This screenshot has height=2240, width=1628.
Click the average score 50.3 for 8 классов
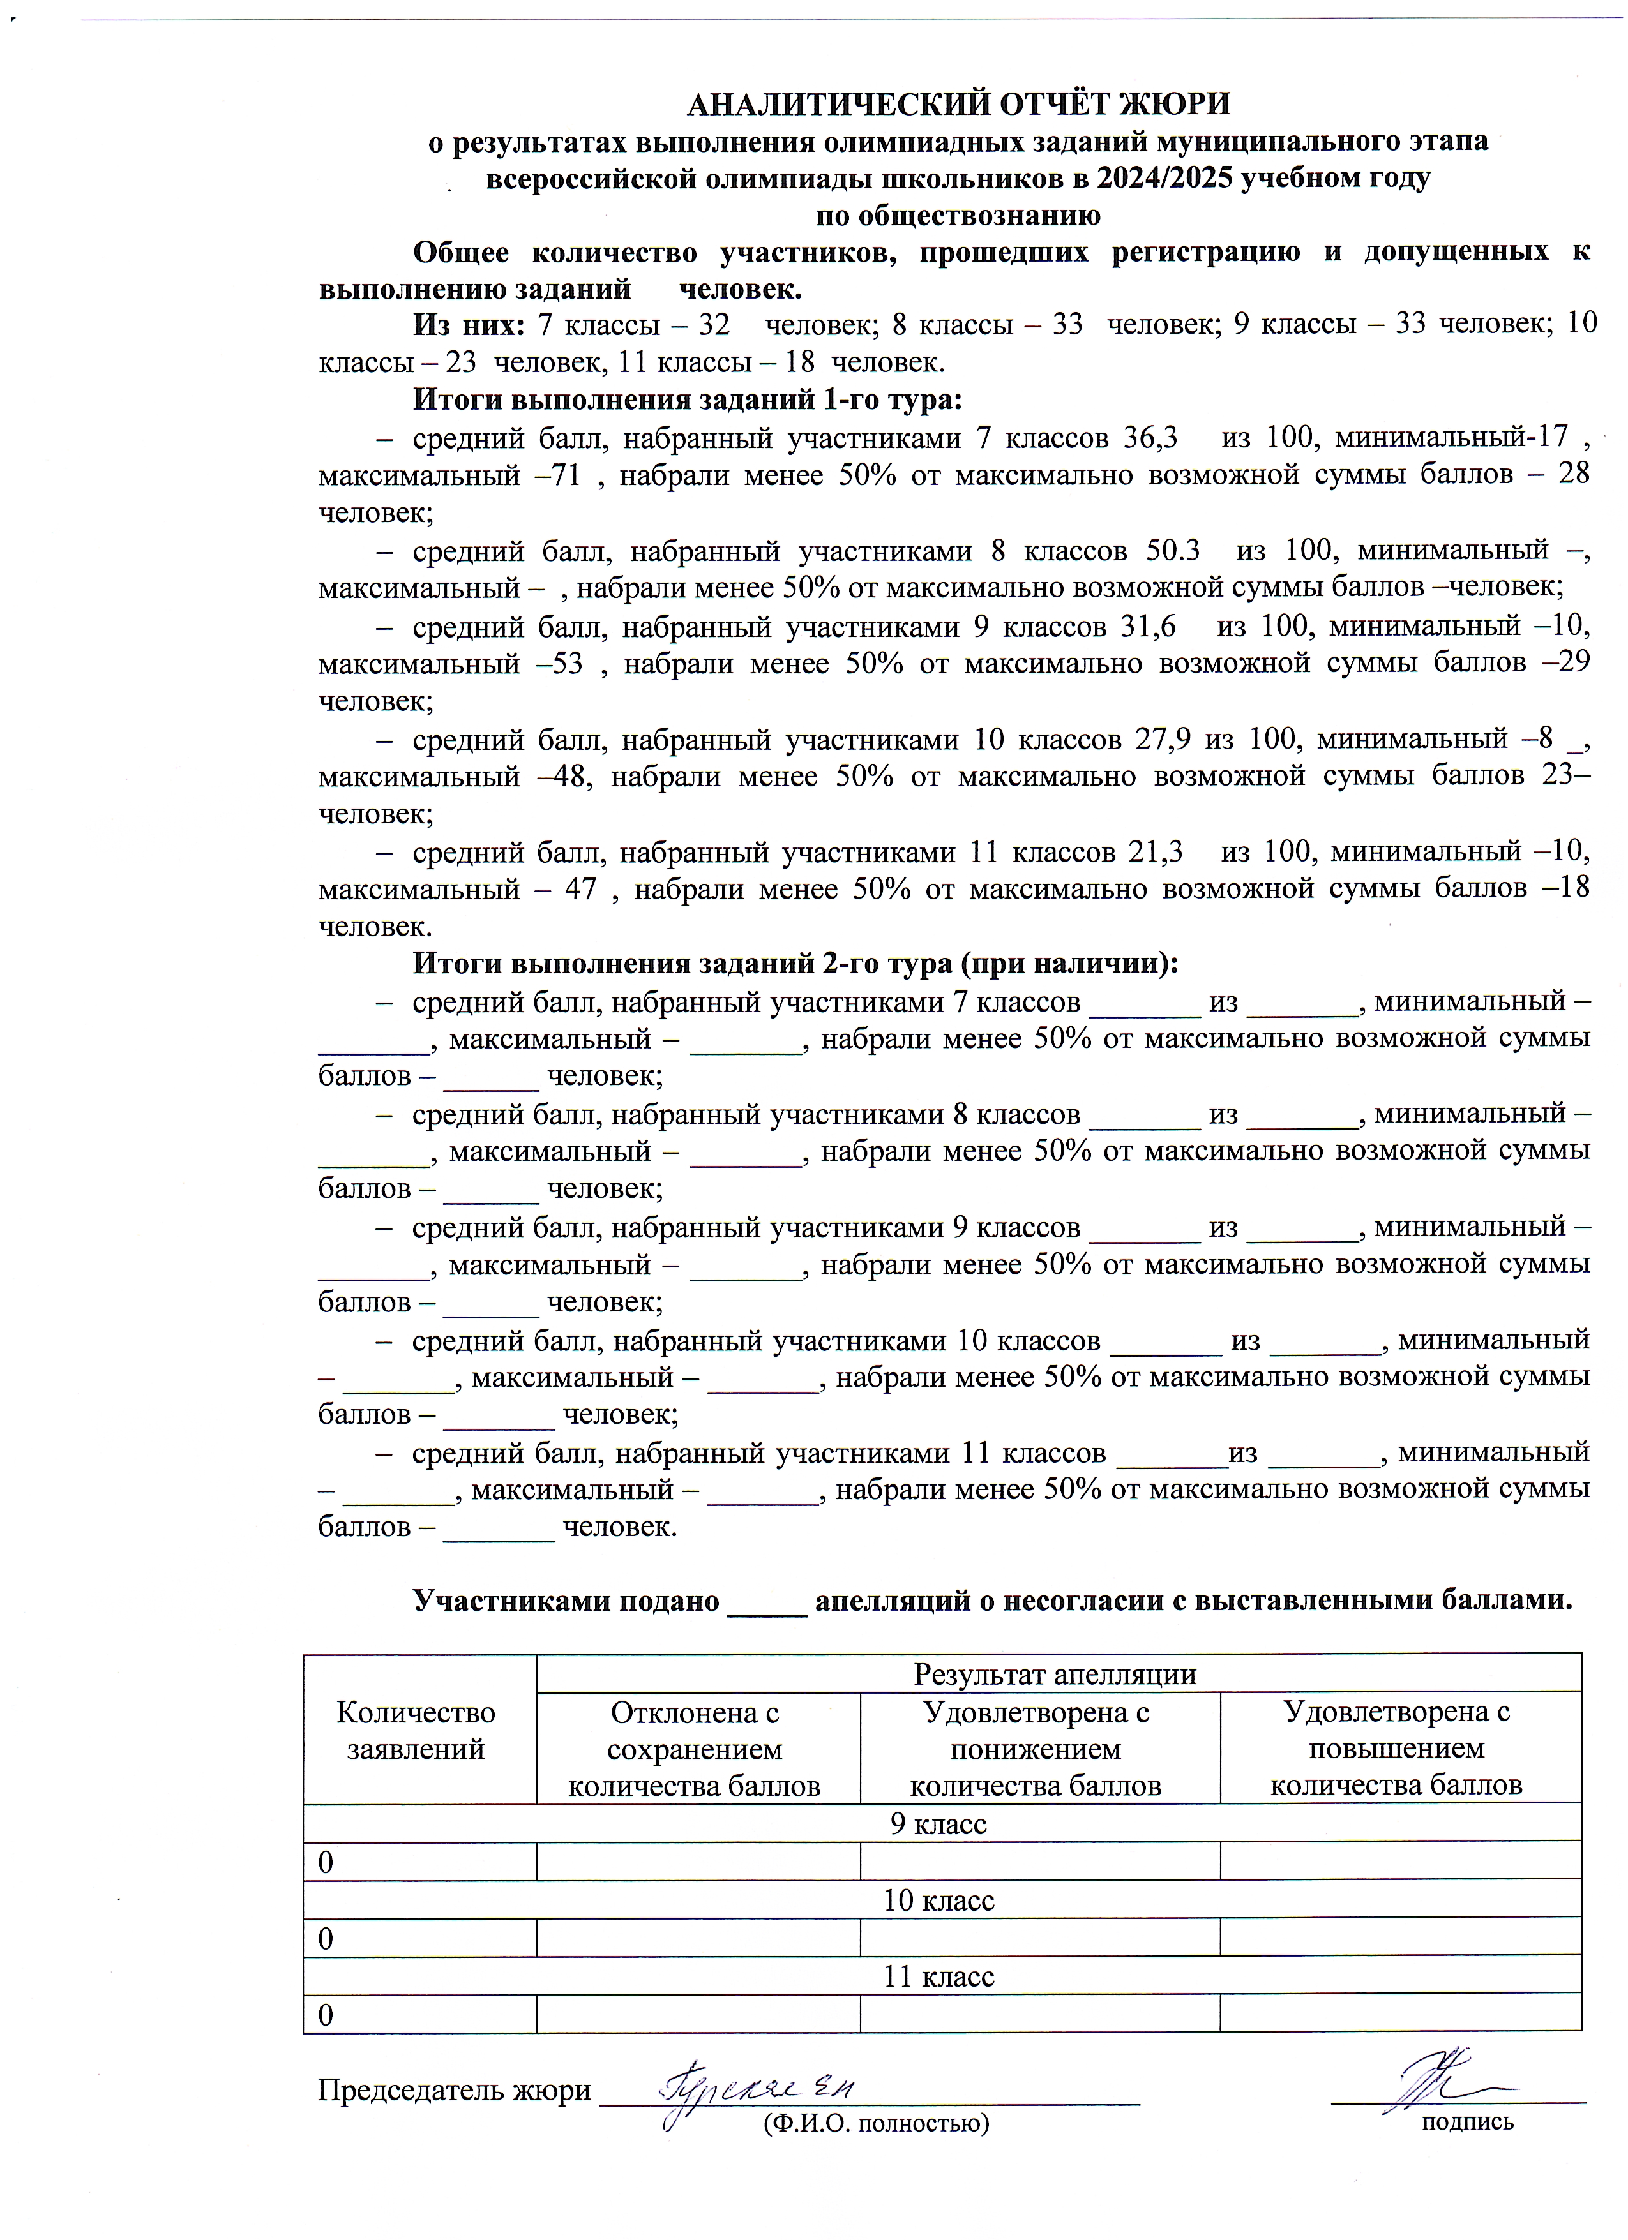pyautogui.click(x=1173, y=550)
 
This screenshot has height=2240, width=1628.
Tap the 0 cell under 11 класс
pyautogui.click(x=326, y=2015)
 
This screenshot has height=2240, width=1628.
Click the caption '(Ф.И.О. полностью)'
pyautogui.click(x=875, y=2123)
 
